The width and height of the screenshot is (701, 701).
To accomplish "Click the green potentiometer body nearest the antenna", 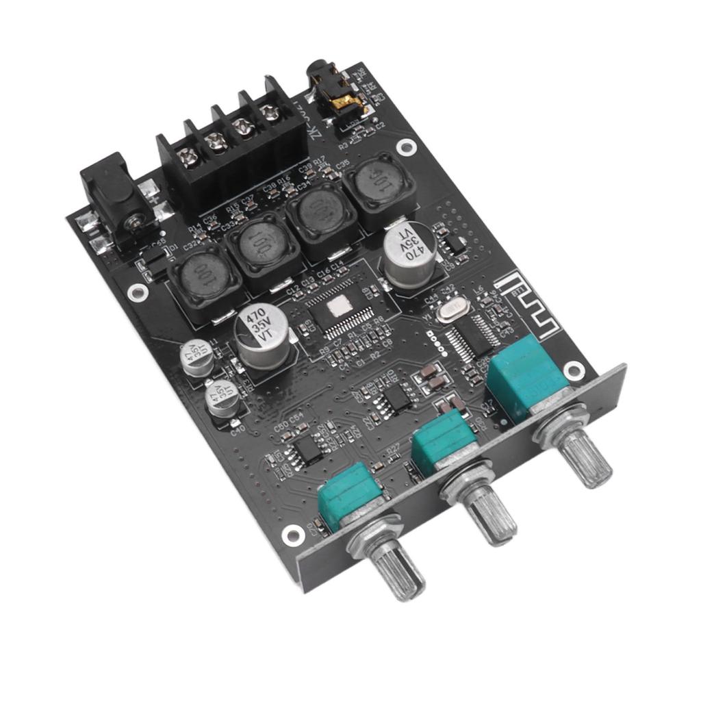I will point(524,383).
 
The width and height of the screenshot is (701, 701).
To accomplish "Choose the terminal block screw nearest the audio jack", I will point(271,112).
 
